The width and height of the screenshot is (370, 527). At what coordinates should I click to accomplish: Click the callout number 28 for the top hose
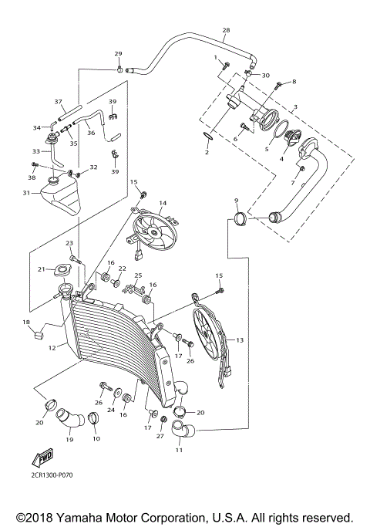coord(226,31)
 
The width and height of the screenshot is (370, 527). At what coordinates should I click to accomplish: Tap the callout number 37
coord(58,102)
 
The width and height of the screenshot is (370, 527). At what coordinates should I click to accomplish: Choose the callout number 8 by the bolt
coord(293,81)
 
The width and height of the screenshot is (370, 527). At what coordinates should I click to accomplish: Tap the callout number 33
coord(35,151)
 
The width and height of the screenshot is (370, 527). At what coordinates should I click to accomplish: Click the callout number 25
coord(139,275)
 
